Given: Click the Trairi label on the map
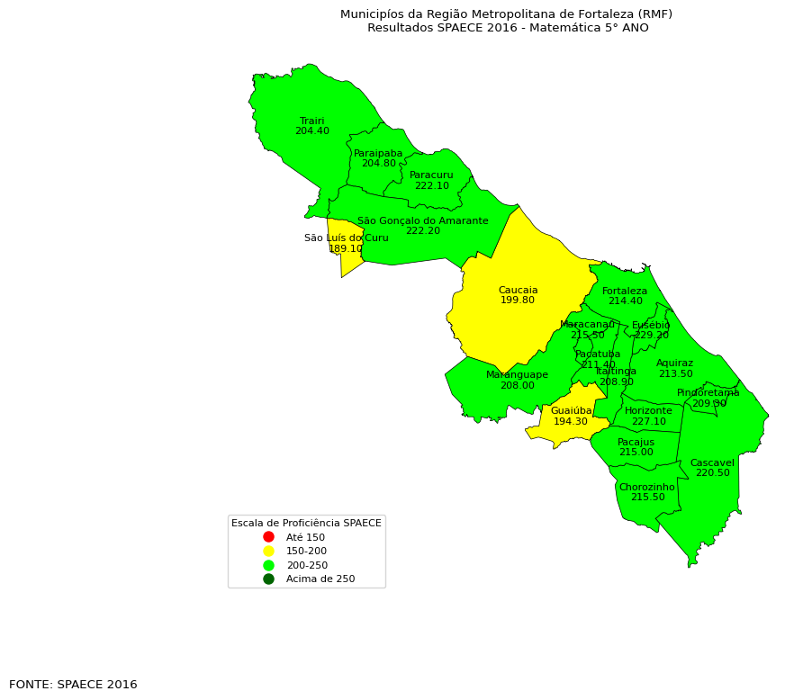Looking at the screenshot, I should (312, 121).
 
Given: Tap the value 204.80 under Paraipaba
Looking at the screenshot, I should (379, 164).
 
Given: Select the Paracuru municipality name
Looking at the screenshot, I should (431, 175).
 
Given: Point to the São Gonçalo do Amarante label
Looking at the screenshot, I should (423, 220).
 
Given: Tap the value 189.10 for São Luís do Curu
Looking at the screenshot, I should (346, 249).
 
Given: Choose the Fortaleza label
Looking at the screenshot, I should (625, 291).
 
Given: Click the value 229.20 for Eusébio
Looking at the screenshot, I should (651, 336).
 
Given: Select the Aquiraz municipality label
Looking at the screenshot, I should (675, 363).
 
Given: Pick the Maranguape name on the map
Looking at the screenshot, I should (517, 374).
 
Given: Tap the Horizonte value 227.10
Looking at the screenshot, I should (648, 421).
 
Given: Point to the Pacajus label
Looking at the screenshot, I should (636, 442).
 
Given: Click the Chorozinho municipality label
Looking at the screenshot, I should (646, 487).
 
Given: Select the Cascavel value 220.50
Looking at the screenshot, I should (712, 473).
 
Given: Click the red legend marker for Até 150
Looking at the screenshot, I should (268, 537).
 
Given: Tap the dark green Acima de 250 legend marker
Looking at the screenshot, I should (268, 579).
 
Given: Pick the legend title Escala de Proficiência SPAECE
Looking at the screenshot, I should (306, 523).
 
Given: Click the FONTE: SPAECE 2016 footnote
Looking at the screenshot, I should (73, 685).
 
